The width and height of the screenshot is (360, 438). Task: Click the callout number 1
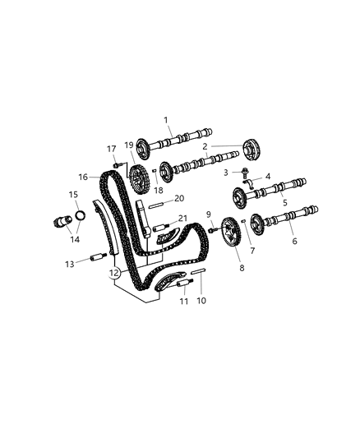tap(168, 120)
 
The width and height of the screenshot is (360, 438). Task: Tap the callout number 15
tap(73, 195)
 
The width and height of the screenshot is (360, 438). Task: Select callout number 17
tap(112, 148)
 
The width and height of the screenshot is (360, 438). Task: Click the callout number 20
tap(179, 198)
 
